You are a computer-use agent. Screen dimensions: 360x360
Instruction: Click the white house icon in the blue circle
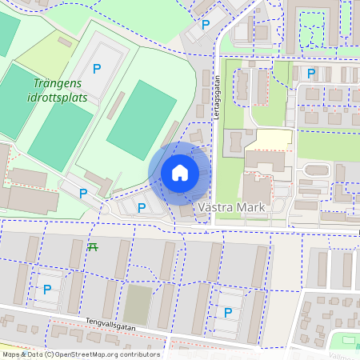180,173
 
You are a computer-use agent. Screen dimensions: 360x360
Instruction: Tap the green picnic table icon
93,246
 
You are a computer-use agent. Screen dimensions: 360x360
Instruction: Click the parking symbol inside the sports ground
97,69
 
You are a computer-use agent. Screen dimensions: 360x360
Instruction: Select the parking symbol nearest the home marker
142,207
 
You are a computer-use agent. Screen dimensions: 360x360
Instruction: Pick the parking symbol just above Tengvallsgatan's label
46,289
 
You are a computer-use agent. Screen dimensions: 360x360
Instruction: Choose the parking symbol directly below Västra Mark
228,312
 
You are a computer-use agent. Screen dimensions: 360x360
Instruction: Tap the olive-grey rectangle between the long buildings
138,305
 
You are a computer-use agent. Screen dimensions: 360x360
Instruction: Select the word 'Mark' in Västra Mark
252,206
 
